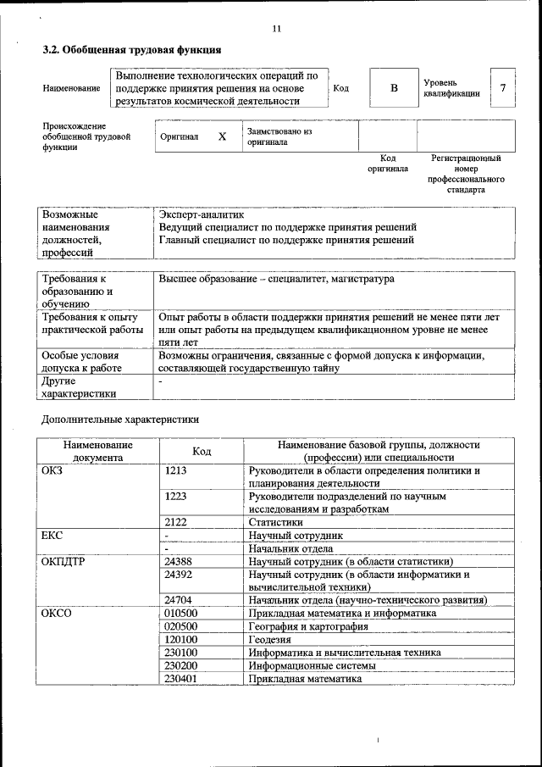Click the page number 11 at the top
point(276,29)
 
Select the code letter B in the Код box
point(393,88)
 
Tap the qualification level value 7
point(504,88)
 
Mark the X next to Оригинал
point(222,136)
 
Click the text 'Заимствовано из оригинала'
point(279,136)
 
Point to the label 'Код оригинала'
point(387,163)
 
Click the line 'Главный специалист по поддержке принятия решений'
point(286,240)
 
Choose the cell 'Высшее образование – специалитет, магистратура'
point(276,279)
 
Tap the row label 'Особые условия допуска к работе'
point(81,362)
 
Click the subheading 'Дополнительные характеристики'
point(120,419)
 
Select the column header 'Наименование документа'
point(97,451)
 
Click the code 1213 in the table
point(176,470)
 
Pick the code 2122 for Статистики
point(176,523)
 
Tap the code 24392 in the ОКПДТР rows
point(179,574)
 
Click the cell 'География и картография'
point(308,626)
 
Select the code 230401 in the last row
point(181,678)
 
